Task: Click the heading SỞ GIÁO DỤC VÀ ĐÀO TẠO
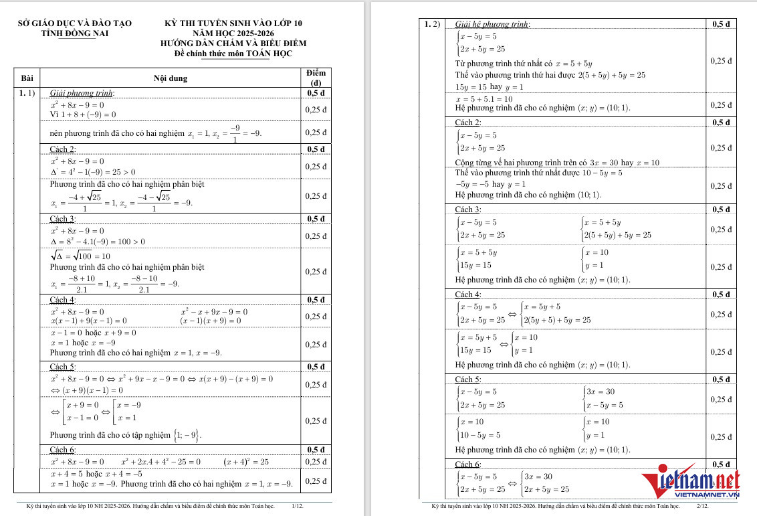coord(75,23)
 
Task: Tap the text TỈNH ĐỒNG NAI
coord(75,33)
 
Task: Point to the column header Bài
coord(27,78)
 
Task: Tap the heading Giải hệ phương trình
coord(492,25)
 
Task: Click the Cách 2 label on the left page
coord(63,149)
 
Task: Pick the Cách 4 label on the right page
coord(467,294)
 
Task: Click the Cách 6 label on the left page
coord(63,450)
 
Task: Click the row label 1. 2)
coord(433,25)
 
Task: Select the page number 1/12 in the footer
coord(298,507)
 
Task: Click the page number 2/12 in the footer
coord(702,507)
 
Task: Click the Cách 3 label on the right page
coord(467,210)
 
